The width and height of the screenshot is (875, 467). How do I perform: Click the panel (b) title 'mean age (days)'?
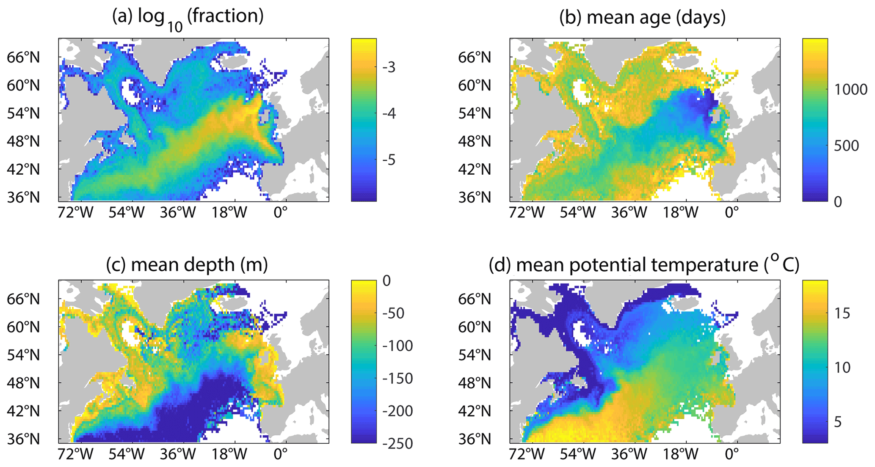(x=643, y=18)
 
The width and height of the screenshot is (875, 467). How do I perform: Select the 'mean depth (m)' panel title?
(x=187, y=265)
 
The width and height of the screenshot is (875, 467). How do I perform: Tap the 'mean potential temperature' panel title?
(x=643, y=265)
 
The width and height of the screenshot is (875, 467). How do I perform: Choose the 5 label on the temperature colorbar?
(x=837, y=422)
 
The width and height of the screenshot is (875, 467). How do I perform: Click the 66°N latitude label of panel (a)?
(x=23, y=57)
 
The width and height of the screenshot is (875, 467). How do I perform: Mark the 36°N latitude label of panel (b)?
(x=475, y=198)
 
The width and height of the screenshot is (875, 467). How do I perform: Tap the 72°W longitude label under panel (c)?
(x=75, y=454)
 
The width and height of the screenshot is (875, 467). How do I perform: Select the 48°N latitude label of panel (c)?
(x=23, y=383)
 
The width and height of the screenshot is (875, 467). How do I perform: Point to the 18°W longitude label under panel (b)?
(x=680, y=212)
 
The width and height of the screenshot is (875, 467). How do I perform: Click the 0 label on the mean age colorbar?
(x=838, y=202)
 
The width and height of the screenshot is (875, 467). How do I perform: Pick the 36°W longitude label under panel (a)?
(x=177, y=212)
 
